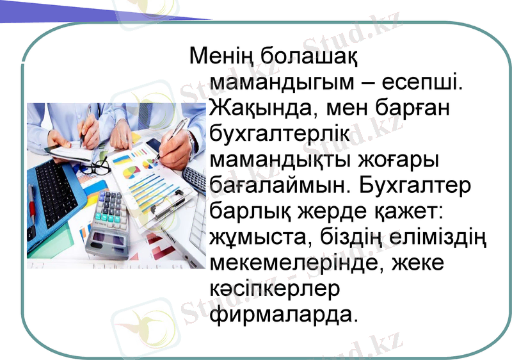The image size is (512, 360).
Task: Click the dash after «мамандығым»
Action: [369, 83]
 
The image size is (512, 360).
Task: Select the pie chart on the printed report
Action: [131, 172]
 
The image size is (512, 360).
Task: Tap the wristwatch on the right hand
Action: [191, 138]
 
